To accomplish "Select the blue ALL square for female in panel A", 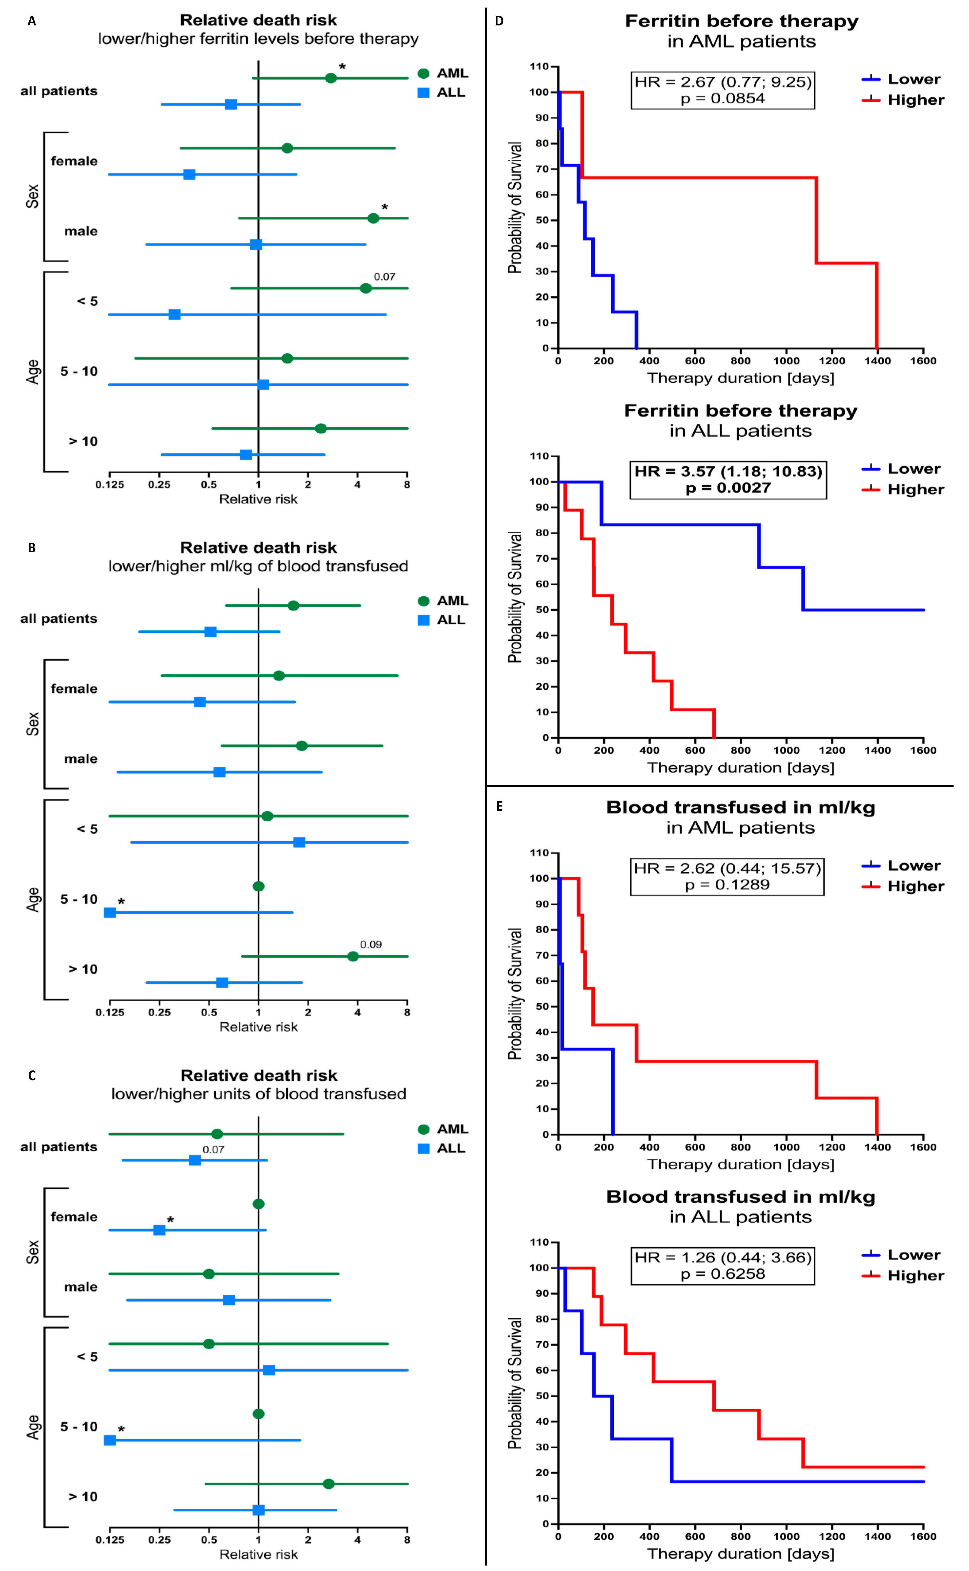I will pyautogui.click(x=189, y=174).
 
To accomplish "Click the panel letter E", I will pyautogui.click(x=499, y=807).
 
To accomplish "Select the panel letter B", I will pyautogui.click(x=31, y=548).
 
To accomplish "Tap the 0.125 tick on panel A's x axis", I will pyautogui.click(x=110, y=485).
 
